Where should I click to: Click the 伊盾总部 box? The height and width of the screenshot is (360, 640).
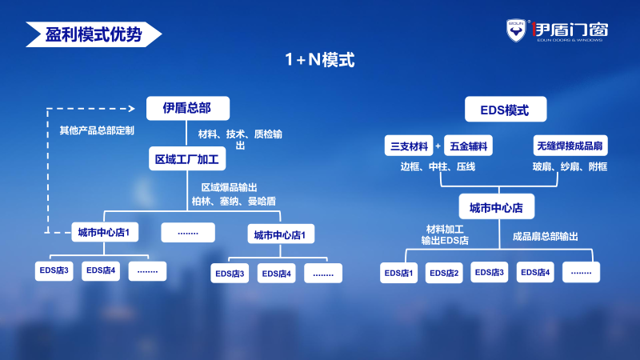187,108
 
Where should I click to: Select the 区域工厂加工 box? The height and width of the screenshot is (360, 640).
186,158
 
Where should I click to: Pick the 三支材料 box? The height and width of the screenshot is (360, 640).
408,146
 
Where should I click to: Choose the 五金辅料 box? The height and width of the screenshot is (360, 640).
468,146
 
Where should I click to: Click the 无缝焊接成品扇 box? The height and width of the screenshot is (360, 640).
570,146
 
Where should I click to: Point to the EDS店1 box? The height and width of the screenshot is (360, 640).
399,273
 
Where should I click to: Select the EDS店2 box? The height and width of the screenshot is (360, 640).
445,273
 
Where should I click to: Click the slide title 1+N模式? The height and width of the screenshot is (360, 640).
320,59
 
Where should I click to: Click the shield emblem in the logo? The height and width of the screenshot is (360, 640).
516,30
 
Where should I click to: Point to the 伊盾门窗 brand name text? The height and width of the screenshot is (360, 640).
570,29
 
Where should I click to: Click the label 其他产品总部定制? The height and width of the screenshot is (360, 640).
97,130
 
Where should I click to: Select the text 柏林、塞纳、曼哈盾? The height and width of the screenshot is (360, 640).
234,200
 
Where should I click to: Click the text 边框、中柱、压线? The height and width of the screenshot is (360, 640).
438,166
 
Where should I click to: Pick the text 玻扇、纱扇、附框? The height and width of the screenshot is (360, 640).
570,166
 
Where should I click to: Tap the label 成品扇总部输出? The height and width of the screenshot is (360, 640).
545,237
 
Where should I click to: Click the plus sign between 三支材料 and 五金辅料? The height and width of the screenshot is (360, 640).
438,146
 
